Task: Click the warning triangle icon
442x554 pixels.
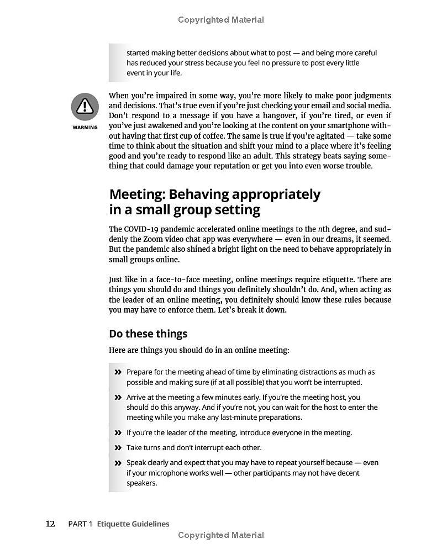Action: pyautogui.click(x=85, y=107)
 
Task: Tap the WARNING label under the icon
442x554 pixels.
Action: pyautogui.click(x=85, y=128)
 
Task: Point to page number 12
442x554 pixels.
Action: pyautogui.click(x=50, y=524)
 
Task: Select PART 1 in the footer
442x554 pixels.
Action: pyautogui.click(x=80, y=524)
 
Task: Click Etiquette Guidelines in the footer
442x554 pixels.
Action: pyautogui.click(x=133, y=524)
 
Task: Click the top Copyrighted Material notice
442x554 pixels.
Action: pyautogui.click(x=221, y=20)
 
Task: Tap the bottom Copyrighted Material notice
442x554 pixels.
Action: pyautogui.click(x=221, y=535)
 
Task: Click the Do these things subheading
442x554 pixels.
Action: pyautogui.click(x=148, y=334)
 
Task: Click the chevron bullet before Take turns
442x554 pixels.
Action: pyautogui.click(x=118, y=448)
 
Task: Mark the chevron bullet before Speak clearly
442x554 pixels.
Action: pyautogui.click(x=118, y=463)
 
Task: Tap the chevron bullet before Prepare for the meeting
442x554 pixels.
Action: pyautogui.click(x=118, y=372)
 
